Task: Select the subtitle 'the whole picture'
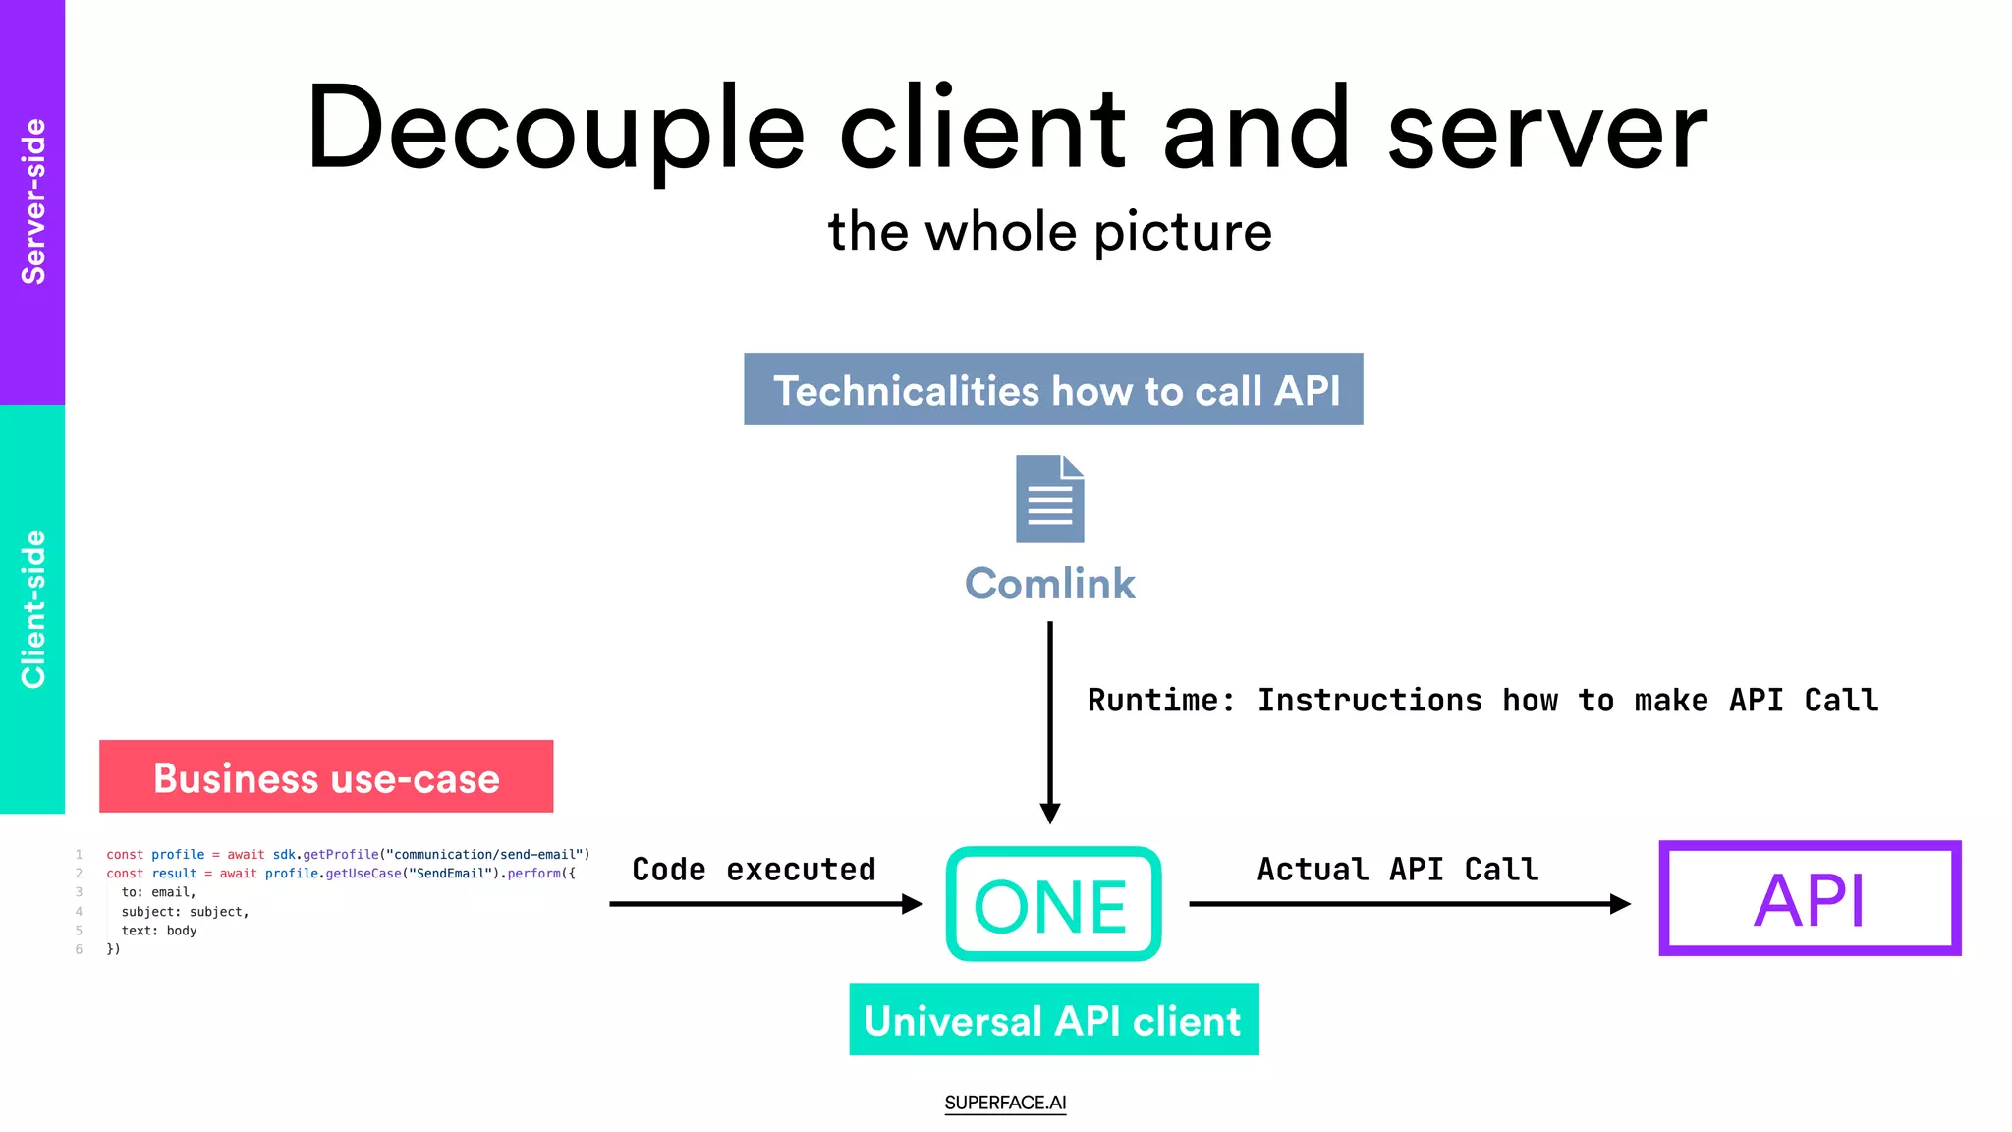[x=1049, y=232]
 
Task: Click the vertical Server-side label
[x=32, y=201]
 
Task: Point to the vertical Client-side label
[x=32, y=609]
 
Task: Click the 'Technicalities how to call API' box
[x=1053, y=389]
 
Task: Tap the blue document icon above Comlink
[x=1049, y=498]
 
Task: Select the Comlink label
[x=1049, y=584]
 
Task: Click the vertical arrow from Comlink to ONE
[x=1049, y=722]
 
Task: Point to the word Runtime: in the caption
[x=1160, y=701]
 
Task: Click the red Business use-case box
[x=326, y=776]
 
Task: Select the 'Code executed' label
[x=754, y=870]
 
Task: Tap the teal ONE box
[x=1053, y=904]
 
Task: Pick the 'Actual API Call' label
[x=1397, y=870]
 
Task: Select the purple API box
[x=1810, y=898]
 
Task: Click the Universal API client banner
[x=1053, y=1020]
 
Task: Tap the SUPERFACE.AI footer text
[x=1005, y=1103]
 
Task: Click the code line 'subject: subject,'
[x=185, y=912]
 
